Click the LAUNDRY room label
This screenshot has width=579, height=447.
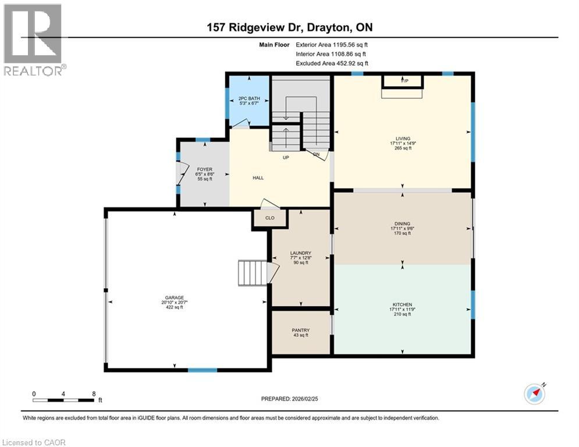click(301, 253)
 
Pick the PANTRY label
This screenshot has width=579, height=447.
click(301, 330)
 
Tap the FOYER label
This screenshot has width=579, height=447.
click(204, 169)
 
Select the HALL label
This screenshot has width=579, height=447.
click(258, 178)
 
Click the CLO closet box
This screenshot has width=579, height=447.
click(270, 219)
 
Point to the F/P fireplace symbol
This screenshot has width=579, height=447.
click(403, 81)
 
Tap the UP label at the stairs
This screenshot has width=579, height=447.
click(286, 157)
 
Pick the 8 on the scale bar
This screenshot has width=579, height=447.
click(94, 393)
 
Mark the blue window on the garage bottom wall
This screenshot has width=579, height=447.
click(202, 370)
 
